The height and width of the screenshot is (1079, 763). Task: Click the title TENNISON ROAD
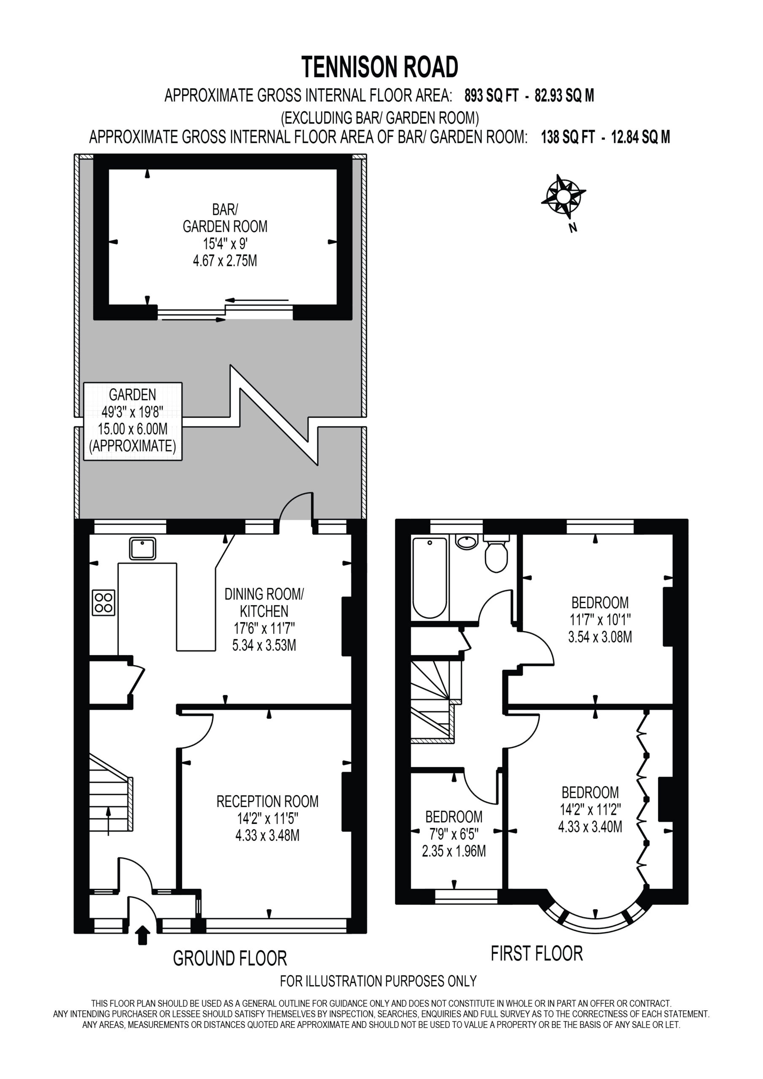379,67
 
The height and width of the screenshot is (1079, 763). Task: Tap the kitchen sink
142,548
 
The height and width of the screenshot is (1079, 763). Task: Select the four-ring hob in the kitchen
103,602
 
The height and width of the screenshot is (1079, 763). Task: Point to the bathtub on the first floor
430,579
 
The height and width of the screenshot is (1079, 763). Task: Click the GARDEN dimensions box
132,421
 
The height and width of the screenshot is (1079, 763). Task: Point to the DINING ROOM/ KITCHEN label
264,603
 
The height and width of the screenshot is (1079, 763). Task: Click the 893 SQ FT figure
491,96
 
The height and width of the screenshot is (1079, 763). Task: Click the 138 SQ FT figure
568,137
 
